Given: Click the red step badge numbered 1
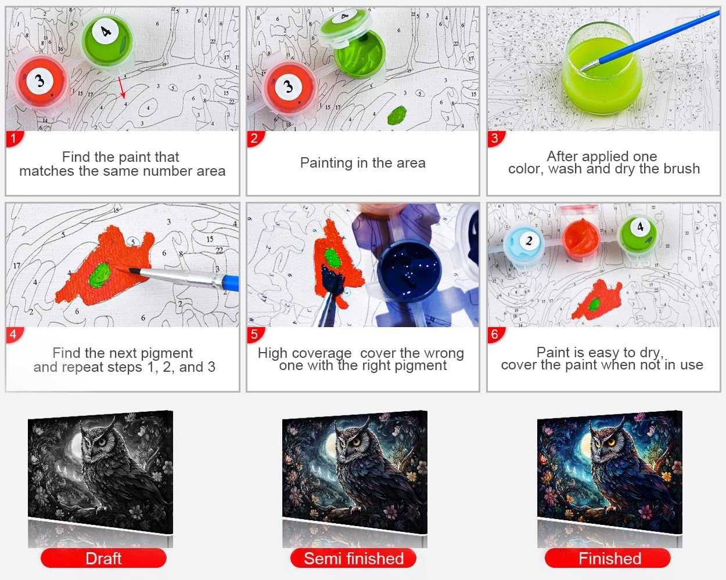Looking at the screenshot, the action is point(14,138).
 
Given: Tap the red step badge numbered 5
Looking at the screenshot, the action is point(255,335).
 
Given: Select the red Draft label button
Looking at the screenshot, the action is point(103,559).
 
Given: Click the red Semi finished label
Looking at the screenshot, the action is point(354,559).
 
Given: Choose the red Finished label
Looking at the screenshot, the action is point(608,559).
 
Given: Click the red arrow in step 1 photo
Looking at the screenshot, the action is point(122,88).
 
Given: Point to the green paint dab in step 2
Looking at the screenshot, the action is point(397,115).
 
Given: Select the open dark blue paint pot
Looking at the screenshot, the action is point(409,270).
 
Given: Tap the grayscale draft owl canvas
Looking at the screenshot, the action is point(100,472).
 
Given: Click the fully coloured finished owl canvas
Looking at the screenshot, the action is point(610,472).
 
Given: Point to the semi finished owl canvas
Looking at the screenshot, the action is point(355,472).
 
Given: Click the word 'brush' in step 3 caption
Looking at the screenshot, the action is point(681,169).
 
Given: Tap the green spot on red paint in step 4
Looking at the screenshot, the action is point(100,275).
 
